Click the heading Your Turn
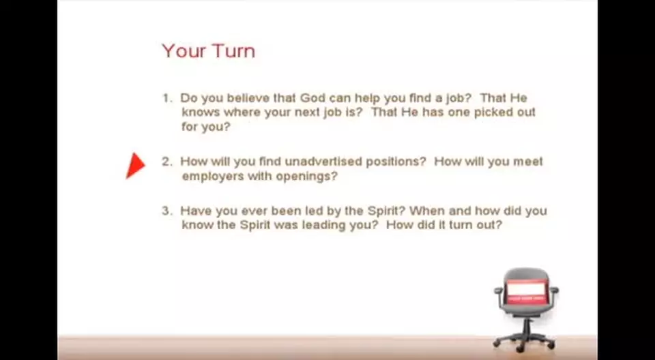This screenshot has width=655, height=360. tap(208, 51)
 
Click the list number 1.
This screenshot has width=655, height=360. tap(166, 98)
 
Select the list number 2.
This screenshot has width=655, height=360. tap(166, 162)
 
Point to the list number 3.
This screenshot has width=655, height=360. tap(166, 211)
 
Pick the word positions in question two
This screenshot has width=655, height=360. tap(396, 162)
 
